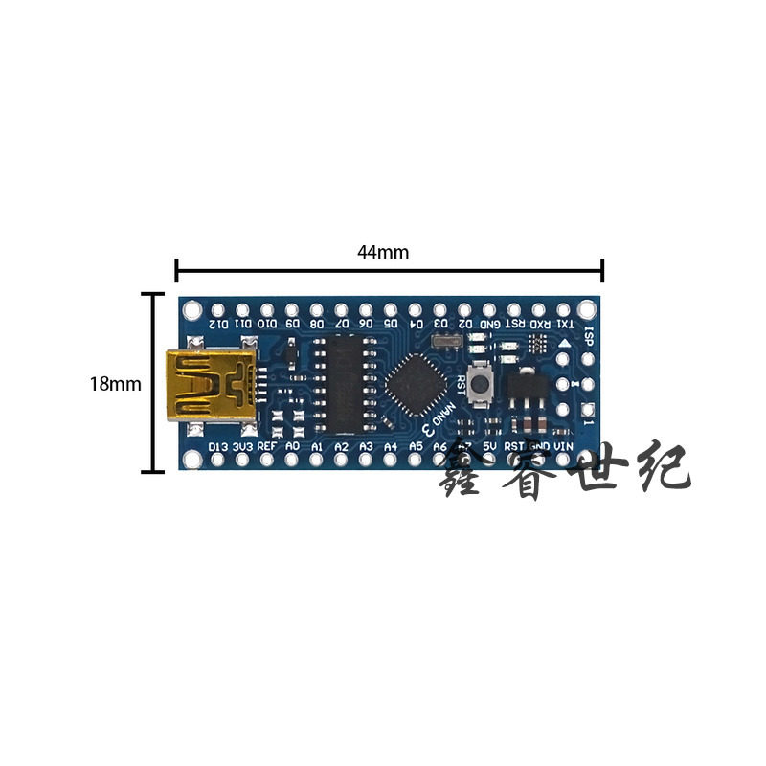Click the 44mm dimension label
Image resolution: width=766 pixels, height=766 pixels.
click(383, 253)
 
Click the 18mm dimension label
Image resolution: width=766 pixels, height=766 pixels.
click(116, 384)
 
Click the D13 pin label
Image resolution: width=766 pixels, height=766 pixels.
click(217, 446)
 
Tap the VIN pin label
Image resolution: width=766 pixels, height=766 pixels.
click(564, 446)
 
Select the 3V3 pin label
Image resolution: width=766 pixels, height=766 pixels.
click(242, 446)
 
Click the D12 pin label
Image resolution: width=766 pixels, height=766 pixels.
click(218, 324)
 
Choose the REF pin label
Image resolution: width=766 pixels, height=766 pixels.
click(267, 446)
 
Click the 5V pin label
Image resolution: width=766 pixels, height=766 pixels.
click(489, 446)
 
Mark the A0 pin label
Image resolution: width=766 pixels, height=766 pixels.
click(292, 446)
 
